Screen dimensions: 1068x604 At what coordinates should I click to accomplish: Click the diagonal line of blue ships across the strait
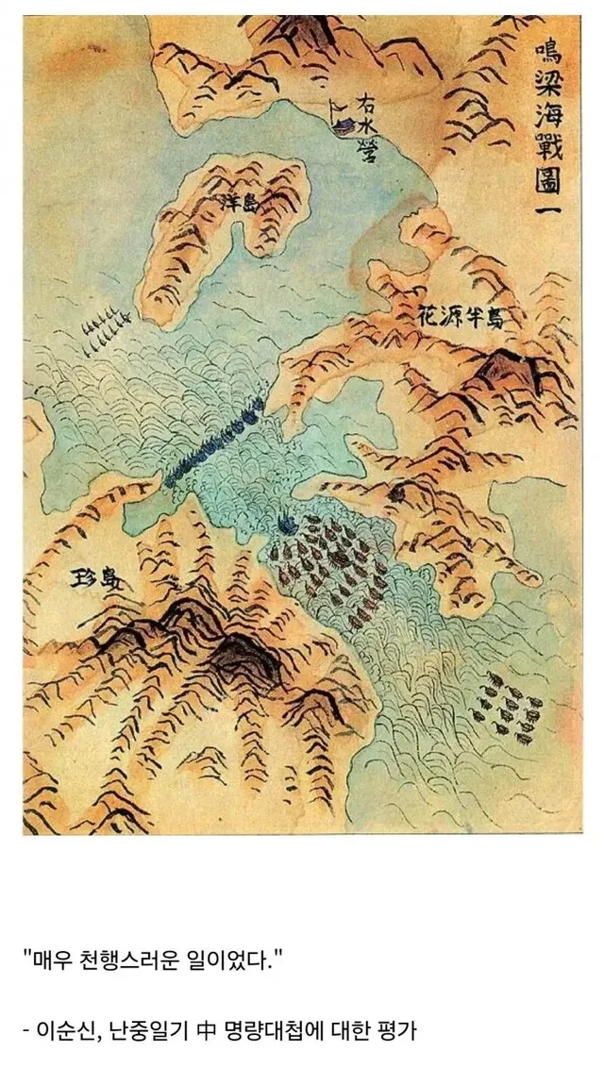click(213, 442)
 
